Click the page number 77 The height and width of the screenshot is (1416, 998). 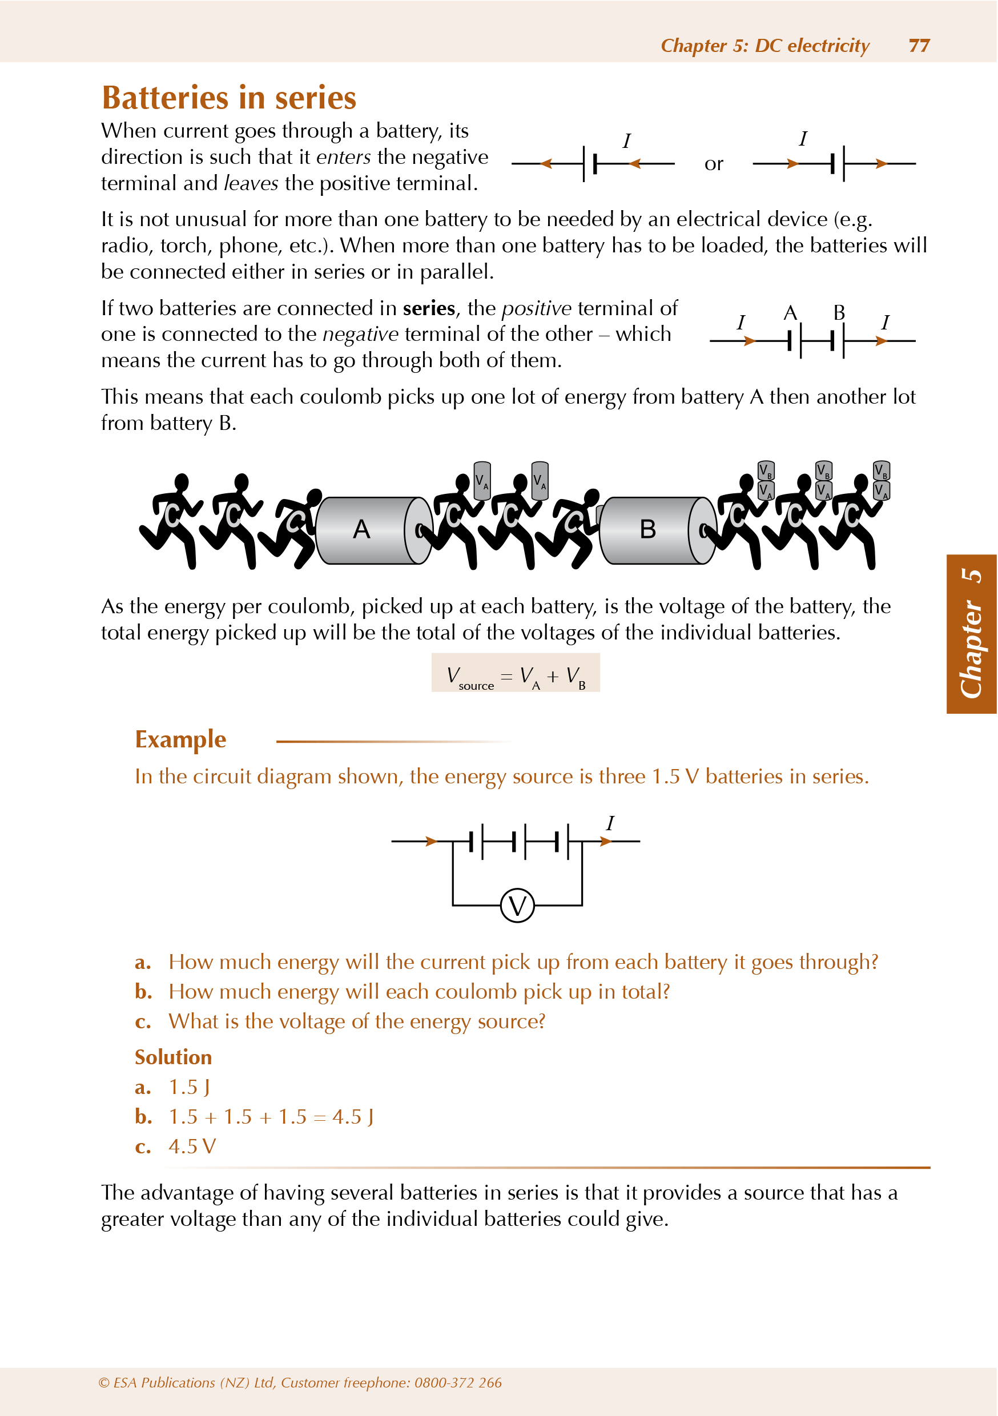pos(919,46)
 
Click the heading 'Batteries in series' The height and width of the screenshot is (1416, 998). pos(229,98)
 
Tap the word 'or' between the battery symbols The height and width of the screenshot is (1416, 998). pos(714,164)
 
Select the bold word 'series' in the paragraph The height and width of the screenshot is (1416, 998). pos(429,308)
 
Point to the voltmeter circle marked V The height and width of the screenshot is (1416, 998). pos(517,906)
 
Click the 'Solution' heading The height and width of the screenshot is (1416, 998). pos(174,1057)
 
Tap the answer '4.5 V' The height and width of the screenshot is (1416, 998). pos(192,1147)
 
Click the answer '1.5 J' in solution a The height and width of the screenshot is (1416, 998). pos(190,1087)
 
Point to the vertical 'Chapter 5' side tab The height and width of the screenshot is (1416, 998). pos(972,633)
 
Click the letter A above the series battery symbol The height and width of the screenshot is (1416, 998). pos(790,313)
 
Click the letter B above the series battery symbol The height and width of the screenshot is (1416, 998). pos(839,313)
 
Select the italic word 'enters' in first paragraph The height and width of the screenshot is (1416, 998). pos(344,157)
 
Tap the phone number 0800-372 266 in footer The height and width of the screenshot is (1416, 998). pos(458,1383)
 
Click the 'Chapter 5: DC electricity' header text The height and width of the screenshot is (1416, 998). pos(765,46)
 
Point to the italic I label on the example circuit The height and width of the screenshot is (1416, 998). pos(610,823)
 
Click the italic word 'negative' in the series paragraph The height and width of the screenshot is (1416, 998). pos(361,334)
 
